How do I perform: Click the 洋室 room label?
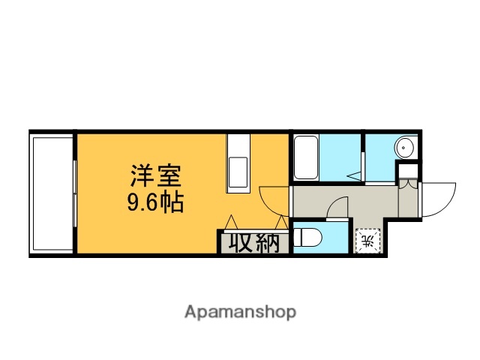pyautogui.click(x=156, y=177)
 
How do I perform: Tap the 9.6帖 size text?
pyautogui.click(x=156, y=202)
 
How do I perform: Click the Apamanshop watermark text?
pyautogui.click(x=240, y=311)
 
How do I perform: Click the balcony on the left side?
pyautogui.click(x=52, y=193)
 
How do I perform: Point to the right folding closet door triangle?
pyautogui.click(x=281, y=223)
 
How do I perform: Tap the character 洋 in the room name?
pyautogui.click(x=142, y=177)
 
